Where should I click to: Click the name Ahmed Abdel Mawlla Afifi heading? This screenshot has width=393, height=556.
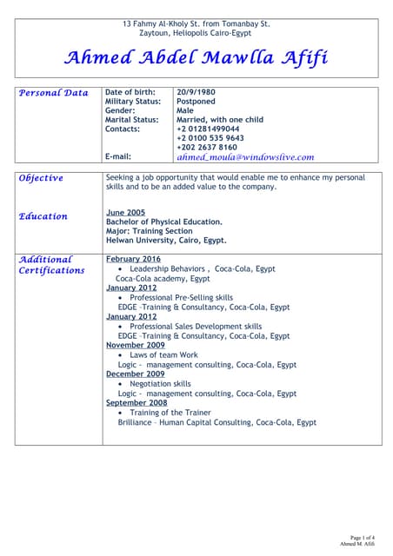click(196, 58)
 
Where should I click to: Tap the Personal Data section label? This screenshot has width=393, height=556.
click(54, 93)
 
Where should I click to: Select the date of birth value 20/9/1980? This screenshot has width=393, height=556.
click(196, 92)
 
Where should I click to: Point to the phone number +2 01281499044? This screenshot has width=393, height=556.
click(208, 129)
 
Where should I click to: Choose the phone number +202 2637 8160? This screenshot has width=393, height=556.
click(206, 148)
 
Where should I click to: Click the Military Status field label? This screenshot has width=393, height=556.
click(131, 102)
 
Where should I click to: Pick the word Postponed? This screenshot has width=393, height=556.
click(196, 102)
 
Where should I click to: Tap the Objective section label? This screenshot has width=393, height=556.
click(41, 178)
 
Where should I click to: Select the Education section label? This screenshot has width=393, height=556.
click(43, 216)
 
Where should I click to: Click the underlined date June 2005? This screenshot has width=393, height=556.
click(125, 212)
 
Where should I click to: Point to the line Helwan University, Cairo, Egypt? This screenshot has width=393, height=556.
click(166, 241)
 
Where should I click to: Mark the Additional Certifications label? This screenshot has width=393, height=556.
click(51, 265)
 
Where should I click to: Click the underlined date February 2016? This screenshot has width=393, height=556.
click(133, 259)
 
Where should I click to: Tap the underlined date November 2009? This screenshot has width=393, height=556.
click(135, 345)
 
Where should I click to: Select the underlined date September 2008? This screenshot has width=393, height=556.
click(137, 403)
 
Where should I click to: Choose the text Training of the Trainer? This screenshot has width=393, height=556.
click(172, 413)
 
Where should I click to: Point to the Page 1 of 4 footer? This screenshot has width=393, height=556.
click(363, 539)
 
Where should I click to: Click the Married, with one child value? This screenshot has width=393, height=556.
click(219, 120)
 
